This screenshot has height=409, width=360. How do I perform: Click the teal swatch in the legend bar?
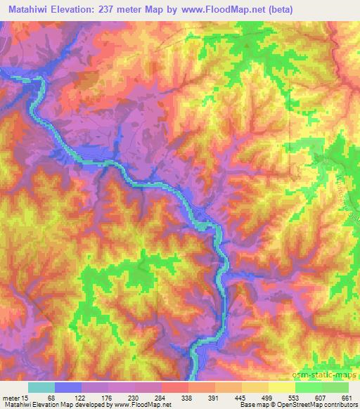pyautogui.click(x=41, y=387)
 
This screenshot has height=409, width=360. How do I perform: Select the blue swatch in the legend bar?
pyautogui.click(x=69, y=387)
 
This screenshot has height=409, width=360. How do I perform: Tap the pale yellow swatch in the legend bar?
pyautogui.click(x=281, y=387)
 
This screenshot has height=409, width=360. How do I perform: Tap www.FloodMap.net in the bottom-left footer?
pyautogui.click(x=141, y=405)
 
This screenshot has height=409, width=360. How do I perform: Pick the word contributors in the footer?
pyautogui.click(x=338, y=405)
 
